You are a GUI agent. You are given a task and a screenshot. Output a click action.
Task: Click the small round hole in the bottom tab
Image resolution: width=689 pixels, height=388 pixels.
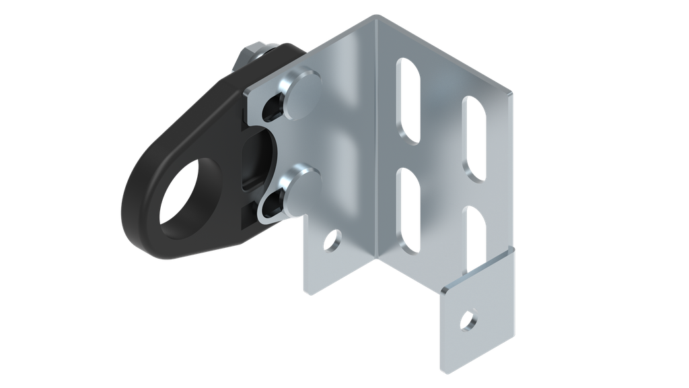(x=467, y=319)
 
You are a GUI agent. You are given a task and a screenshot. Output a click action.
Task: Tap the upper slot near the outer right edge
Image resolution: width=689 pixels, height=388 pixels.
(x=475, y=138)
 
